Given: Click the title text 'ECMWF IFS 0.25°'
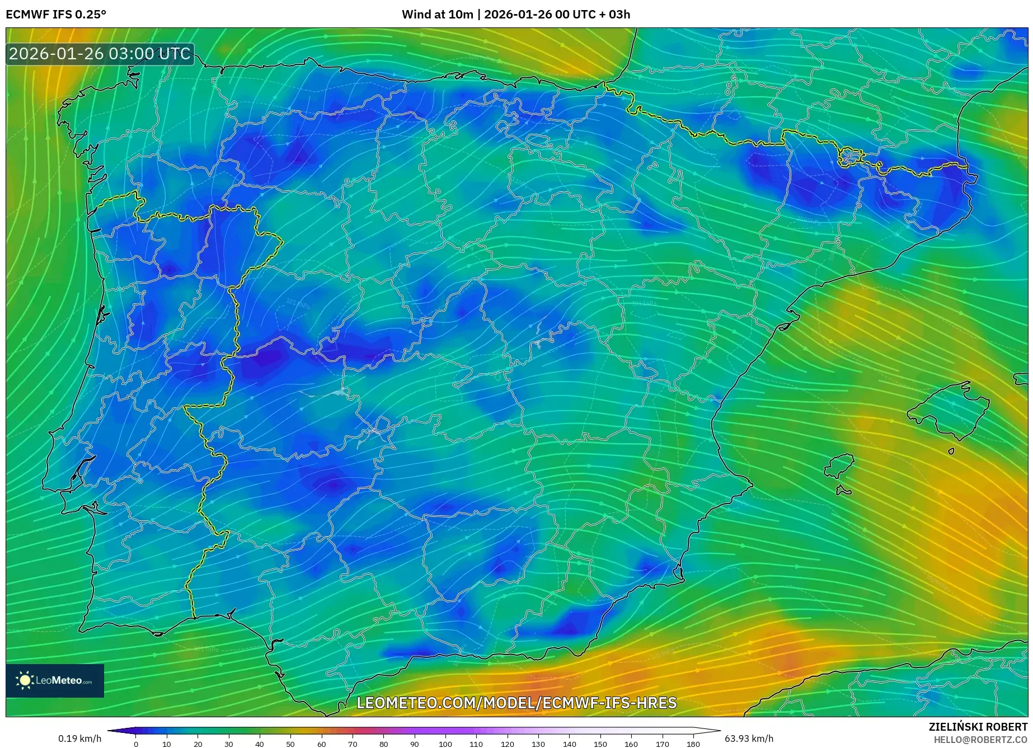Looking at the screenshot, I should click(56, 15).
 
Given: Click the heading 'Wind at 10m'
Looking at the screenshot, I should click(437, 15).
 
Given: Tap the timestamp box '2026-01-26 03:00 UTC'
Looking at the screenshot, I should click(100, 54).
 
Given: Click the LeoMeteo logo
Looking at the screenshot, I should click(55, 680).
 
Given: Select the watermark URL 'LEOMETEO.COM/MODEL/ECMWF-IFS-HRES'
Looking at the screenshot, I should click(516, 703).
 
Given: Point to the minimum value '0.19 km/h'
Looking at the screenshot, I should click(79, 738).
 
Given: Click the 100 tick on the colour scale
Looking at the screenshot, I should click(445, 744).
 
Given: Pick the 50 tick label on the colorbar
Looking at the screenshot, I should click(290, 744).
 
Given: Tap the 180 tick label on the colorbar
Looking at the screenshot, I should click(693, 744).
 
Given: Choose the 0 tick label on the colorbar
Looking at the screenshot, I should click(135, 744).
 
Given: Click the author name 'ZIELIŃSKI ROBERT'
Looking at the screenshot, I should click(978, 727).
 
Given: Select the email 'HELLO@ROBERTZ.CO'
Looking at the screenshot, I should click(980, 740).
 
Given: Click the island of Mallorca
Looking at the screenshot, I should click(949, 408).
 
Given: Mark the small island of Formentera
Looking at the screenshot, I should click(843, 491).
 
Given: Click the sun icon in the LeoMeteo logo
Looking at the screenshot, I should click(25, 680).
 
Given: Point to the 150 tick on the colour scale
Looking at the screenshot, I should click(600, 744).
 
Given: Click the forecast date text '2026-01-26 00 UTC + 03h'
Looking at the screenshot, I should click(557, 15).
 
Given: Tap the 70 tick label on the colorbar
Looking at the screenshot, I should click(353, 744).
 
